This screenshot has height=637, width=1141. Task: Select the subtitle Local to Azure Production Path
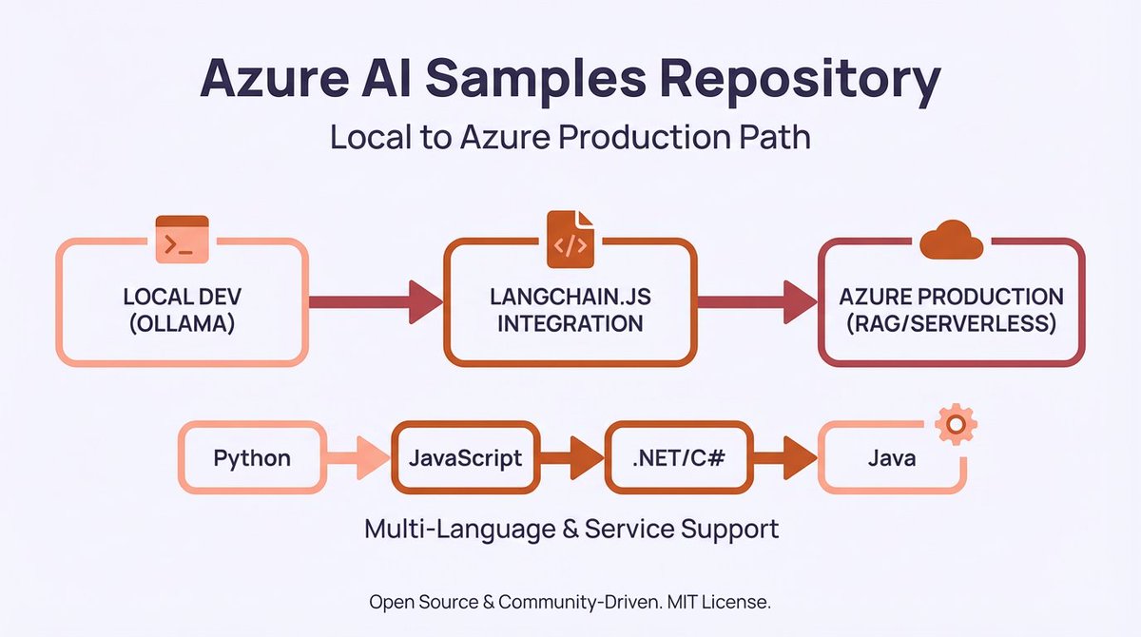pos(570,137)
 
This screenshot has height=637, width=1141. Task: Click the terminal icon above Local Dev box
pos(181,241)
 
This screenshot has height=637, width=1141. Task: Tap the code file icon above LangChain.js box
pos(570,240)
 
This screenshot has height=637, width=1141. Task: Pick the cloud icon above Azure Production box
pos(951,239)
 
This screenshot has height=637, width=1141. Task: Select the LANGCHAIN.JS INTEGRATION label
pos(570,309)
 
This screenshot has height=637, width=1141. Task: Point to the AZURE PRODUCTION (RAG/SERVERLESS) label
pos(951,309)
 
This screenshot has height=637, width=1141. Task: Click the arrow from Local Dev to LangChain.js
pos(376,301)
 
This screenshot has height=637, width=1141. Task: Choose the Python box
pos(252,458)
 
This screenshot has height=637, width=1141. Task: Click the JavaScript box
pos(465,458)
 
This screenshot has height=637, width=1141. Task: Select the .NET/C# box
pos(679,458)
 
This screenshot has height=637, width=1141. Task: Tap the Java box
pos(891,458)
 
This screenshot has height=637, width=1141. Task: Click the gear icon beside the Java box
pos(956,423)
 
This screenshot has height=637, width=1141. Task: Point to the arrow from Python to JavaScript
pos(358,458)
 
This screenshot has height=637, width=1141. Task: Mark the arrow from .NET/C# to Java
pos(785,458)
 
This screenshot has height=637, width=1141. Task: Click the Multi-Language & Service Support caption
pos(571,529)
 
